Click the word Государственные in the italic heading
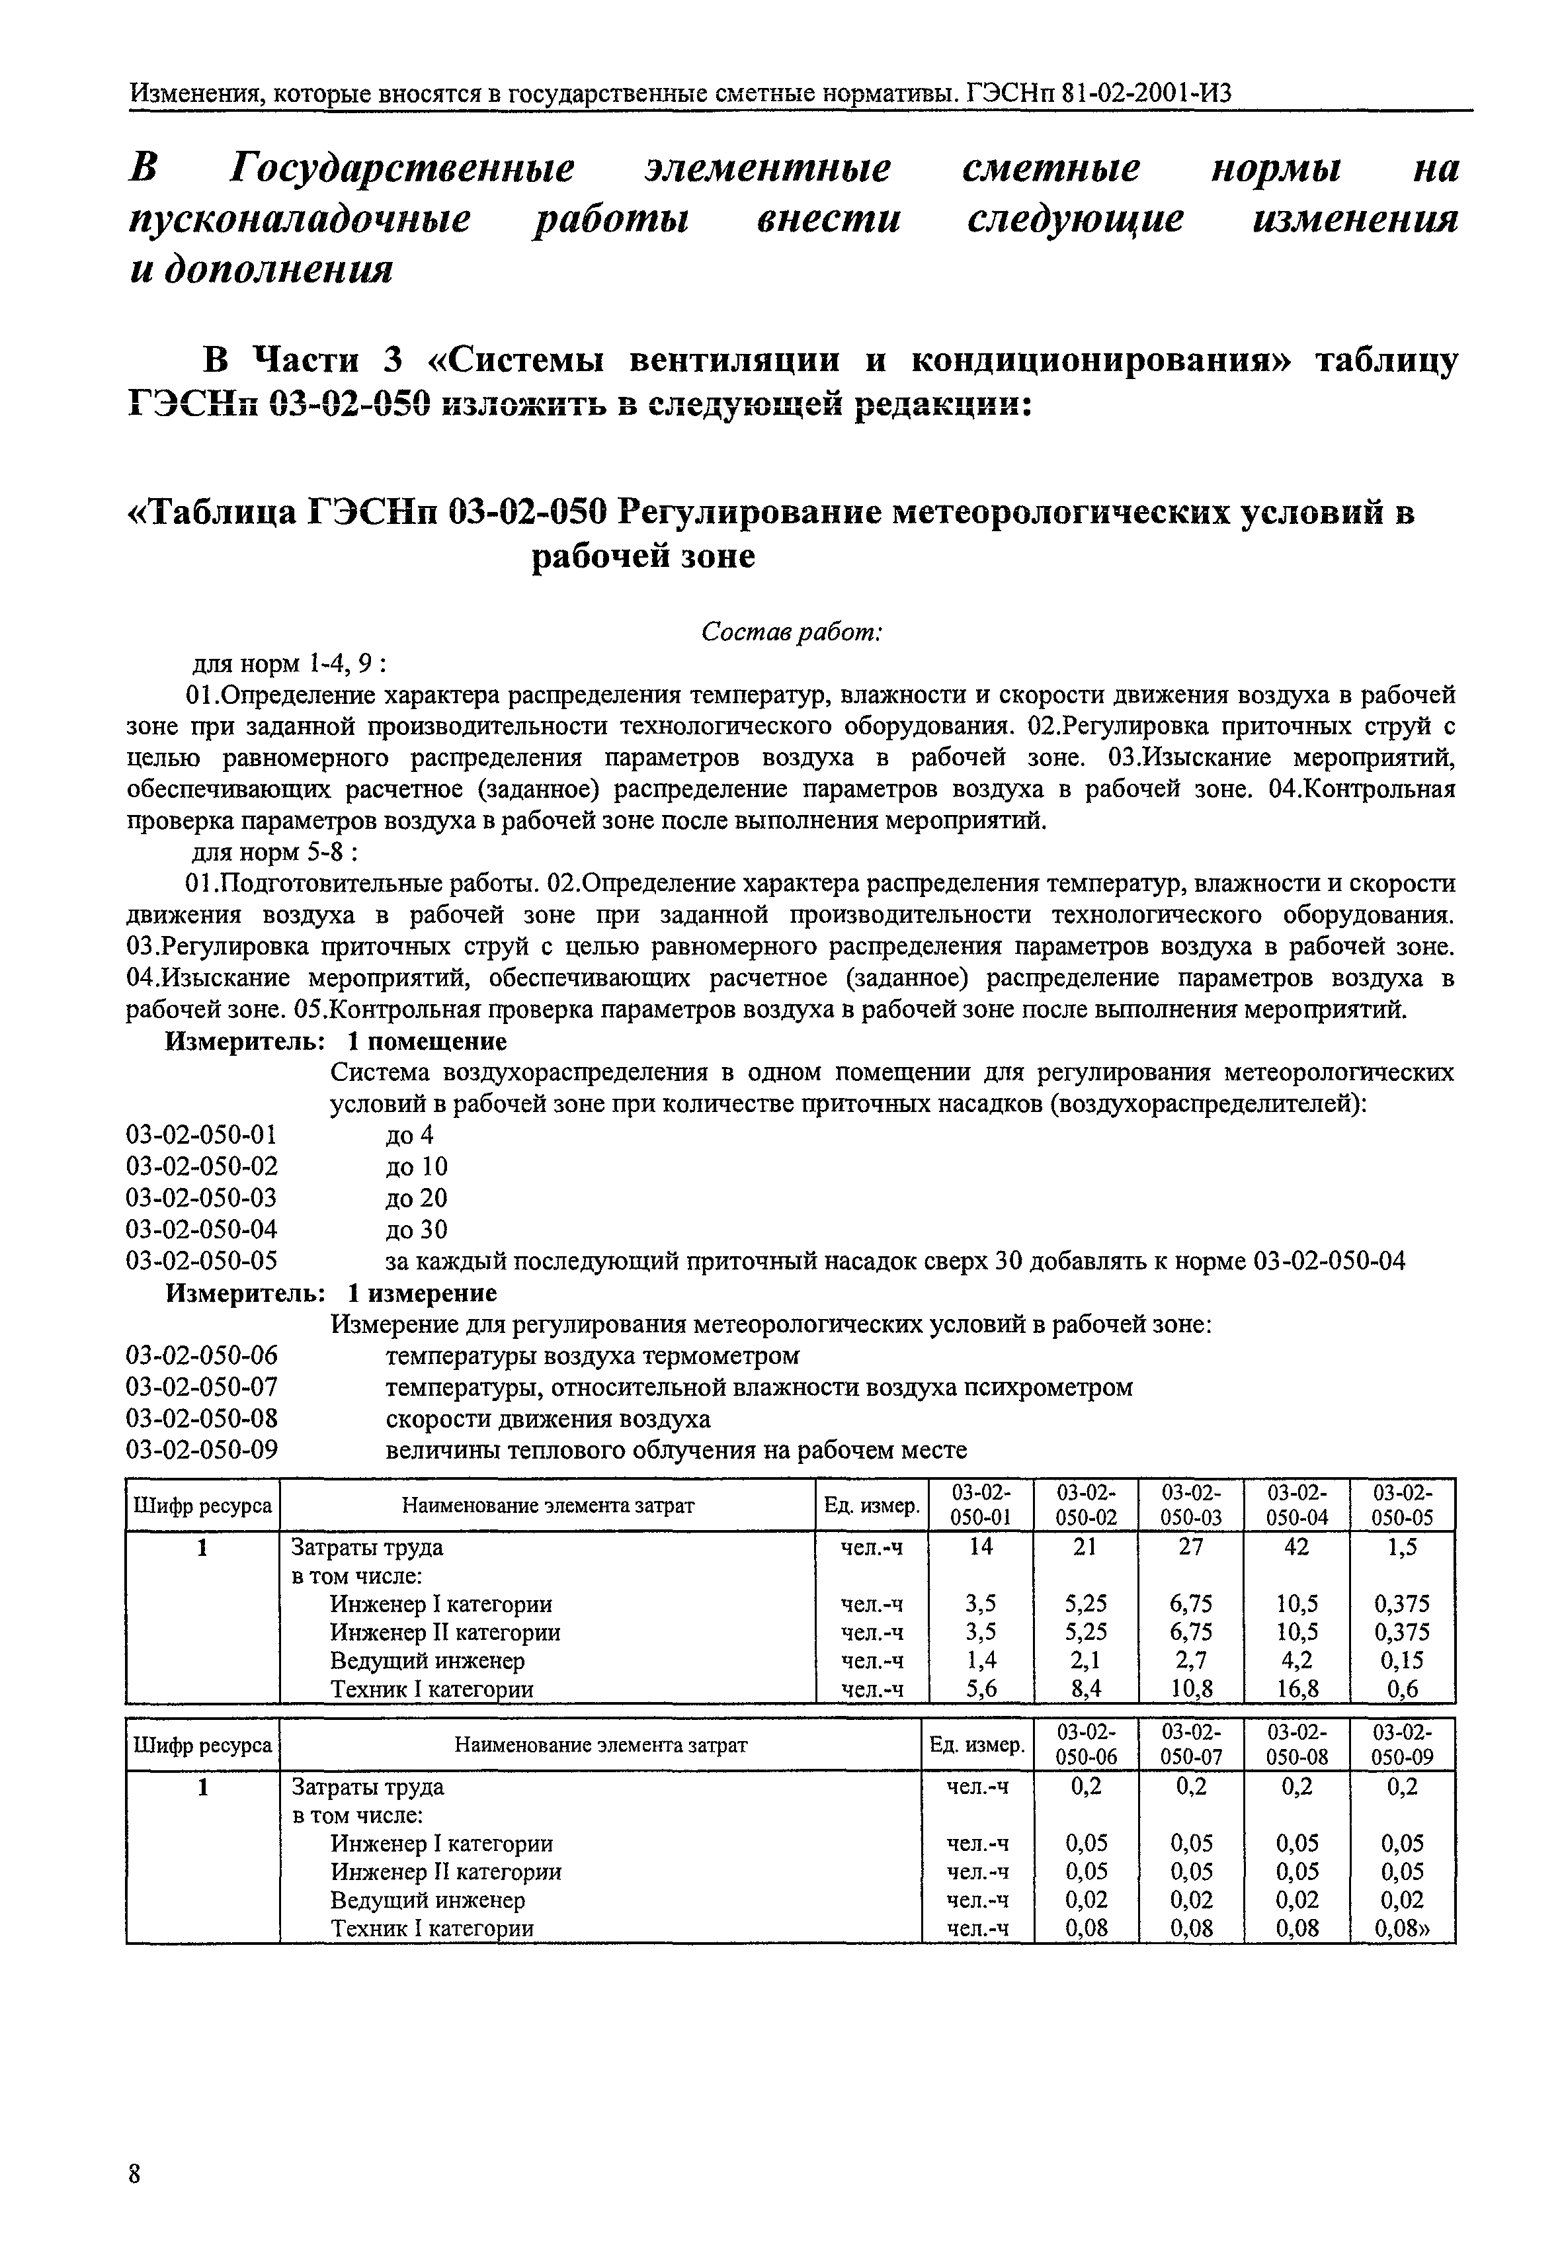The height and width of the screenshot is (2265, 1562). point(402,169)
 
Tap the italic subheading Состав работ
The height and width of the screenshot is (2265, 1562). point(792,632)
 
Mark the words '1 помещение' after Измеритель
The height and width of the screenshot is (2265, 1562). point(428,1041)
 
